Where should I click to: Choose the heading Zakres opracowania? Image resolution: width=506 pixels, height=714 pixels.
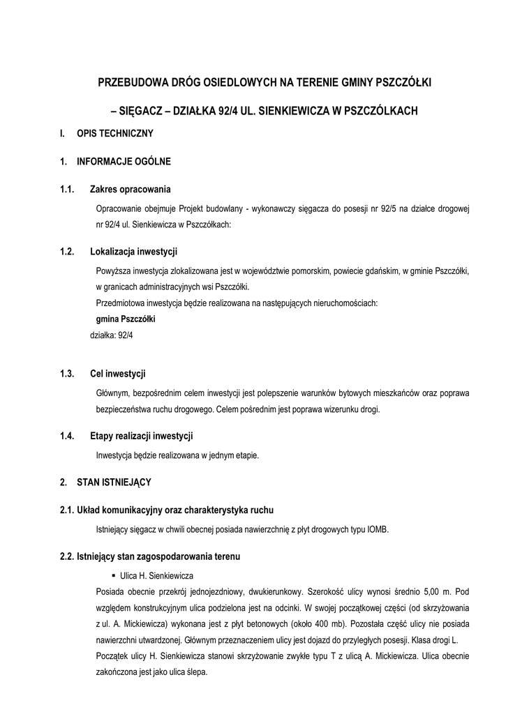(x=131, y=190)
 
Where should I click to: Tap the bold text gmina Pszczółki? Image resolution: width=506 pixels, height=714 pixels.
(x=126, y=319)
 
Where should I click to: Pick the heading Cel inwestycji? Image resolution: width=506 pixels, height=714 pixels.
(x=118, y=374)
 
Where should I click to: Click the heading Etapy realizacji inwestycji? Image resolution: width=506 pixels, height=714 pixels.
(x=142, y=436)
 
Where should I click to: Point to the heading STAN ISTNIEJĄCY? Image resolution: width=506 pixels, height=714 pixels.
(x=114, y=482)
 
